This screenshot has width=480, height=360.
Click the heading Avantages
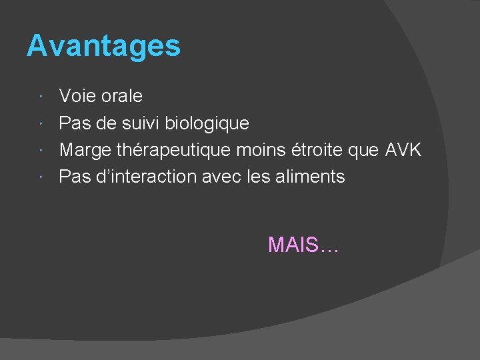pos(103,47)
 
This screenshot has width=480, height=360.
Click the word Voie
pos(77,96)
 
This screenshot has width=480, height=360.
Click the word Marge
pos(81,151)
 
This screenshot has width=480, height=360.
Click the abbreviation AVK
pos(403,150)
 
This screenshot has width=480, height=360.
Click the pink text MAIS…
pos(303,245)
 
